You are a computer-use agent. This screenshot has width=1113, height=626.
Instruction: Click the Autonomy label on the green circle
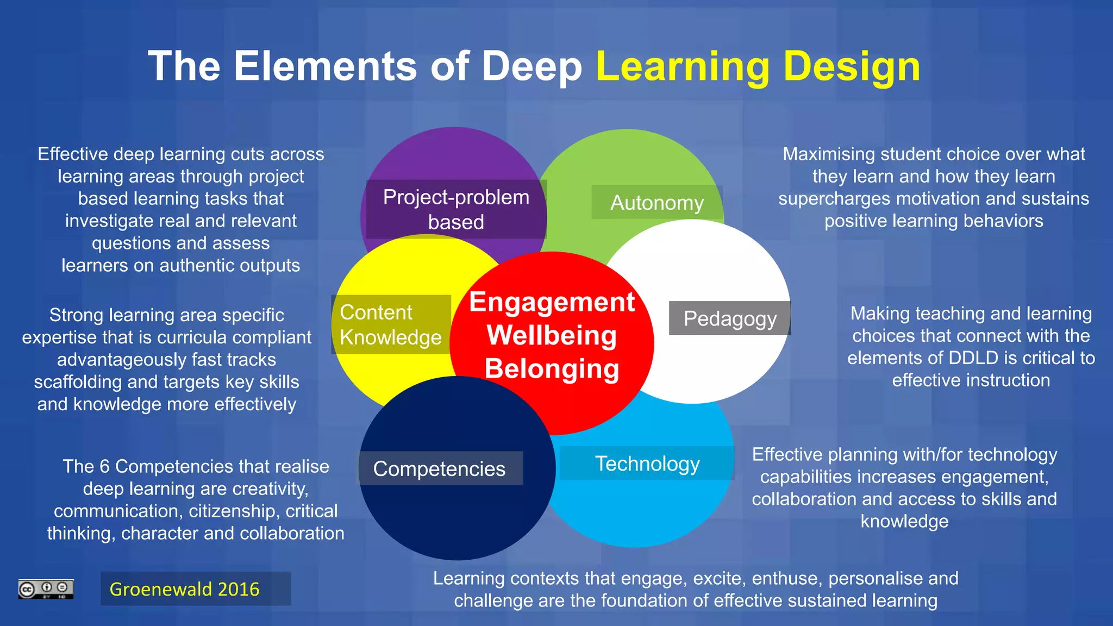click(x=656, y=203)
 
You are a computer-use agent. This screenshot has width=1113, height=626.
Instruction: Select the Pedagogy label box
click(x=729, y=318)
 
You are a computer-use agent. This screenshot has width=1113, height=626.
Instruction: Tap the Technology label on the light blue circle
click(x=647, y=464)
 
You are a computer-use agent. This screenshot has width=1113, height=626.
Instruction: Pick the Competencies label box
click(x=439, y=468)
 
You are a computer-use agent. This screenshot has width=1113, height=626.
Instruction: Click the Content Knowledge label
click(x=391, y=325)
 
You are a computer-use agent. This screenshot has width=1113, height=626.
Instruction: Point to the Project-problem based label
click(x=456, y=209)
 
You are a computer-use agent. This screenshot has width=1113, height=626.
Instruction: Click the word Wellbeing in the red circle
click(x=552, y=335)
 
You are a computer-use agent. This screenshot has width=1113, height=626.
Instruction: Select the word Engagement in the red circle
click(x=552, y=302)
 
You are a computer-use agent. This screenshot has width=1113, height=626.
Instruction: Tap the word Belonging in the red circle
click(x=552, y=369)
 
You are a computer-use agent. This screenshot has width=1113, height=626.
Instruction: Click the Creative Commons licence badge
click(x=46, y=589)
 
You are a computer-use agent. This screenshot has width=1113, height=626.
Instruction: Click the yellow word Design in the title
click(x=852, y=66)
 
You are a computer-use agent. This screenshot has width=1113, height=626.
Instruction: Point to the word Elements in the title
click(x=325, y=66)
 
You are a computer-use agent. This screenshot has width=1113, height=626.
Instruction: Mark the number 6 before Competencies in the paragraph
click(x=104, y=466)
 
